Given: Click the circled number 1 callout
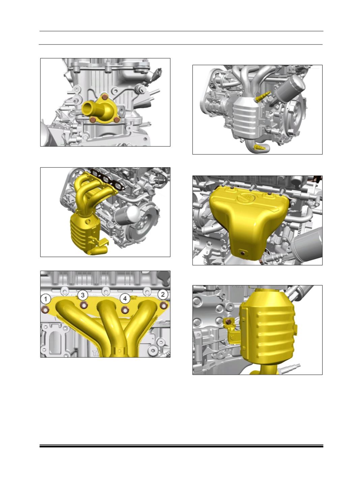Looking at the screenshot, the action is (46, 299).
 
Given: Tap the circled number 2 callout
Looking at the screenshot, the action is (162, 295).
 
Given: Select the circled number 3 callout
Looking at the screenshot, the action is (83, 295).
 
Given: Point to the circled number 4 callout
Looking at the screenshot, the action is (125, 298).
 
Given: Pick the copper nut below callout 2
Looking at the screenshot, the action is (163, 305).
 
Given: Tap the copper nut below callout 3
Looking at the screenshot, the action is (84, 305).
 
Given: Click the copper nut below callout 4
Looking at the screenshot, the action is (125, 310).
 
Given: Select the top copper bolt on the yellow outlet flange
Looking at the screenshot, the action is (105, 96).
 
